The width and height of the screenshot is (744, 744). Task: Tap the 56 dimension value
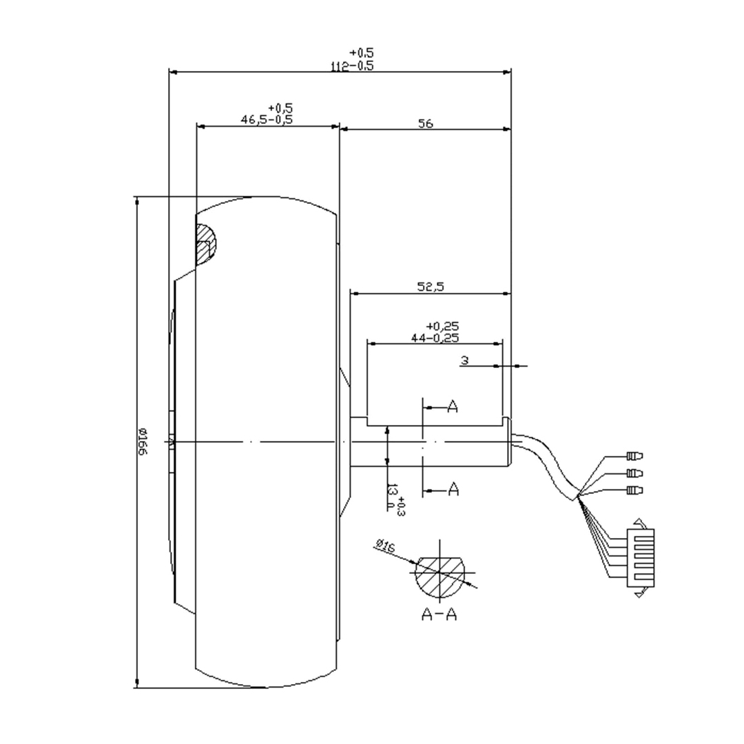tap(425, 124)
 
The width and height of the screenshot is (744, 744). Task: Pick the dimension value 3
tap(465, 360)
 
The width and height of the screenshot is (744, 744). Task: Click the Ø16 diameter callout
tap(384, 548)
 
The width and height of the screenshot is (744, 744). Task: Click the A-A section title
tap(440, 614)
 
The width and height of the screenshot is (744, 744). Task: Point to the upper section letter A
tap(453, 407)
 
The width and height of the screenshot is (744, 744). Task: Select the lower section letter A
tap(453, 489)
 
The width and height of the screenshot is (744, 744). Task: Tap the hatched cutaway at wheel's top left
tap(205, 244)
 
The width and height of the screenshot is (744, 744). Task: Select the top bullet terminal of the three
tap(634, 455)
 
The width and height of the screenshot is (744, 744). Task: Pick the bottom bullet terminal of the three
tap(634, 490)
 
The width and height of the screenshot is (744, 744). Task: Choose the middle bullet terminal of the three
tap(634, 473)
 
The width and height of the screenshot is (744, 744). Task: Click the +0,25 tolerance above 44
tap(442, 326)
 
